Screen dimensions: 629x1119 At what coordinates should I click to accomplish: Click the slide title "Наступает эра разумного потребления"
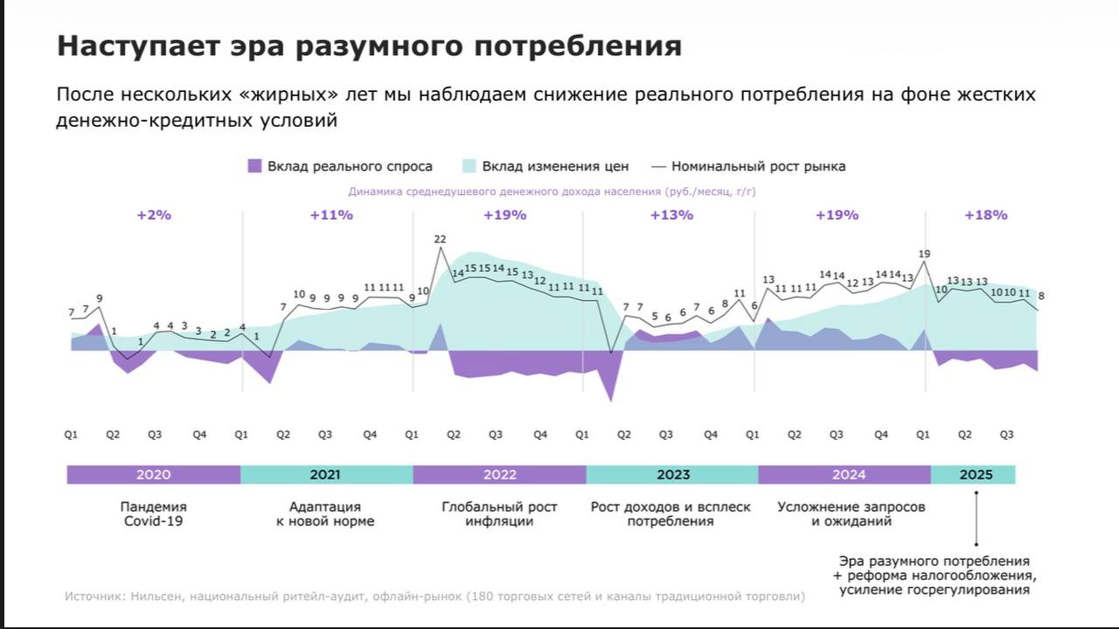368,46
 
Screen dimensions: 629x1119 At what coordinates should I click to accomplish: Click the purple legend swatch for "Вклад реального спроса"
254,166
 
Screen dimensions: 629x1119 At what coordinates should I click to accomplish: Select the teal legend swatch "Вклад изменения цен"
469,166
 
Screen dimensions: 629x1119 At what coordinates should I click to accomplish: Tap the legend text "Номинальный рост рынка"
758,166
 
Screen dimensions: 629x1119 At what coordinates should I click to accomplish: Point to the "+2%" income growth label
154,215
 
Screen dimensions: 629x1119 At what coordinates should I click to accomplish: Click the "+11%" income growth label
331,215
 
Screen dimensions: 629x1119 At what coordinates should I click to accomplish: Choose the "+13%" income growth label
671,215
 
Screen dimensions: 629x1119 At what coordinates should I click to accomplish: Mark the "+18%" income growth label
985,215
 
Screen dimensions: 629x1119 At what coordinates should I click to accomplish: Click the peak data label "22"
440,239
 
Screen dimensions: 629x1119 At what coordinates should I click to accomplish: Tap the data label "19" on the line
924,255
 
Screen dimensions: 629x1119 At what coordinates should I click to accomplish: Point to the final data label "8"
1041,296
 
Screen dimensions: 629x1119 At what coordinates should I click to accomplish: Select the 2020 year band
153,475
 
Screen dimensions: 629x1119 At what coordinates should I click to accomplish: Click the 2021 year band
325,475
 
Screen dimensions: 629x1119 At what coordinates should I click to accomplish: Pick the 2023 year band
672,475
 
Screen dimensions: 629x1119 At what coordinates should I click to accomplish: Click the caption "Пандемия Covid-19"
153,514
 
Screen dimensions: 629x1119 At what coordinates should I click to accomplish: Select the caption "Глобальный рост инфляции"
499,514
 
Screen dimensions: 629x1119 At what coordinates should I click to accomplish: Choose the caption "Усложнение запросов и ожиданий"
851,514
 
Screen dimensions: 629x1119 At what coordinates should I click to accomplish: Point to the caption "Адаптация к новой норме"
325,514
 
